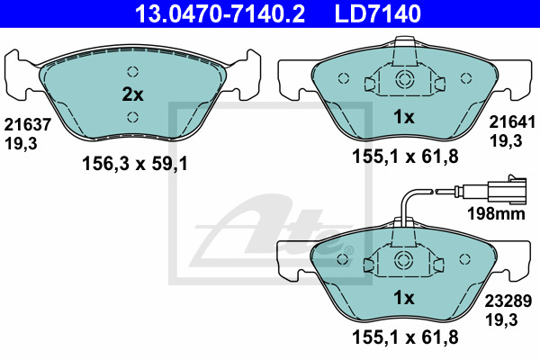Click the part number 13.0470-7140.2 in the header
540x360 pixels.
[220, 13]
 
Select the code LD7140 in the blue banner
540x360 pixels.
[377, 13]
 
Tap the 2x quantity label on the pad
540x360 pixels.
[132, 94]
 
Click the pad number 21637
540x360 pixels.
[28, 124]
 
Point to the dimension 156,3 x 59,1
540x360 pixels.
[135, 164]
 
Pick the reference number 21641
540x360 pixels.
[512, 122]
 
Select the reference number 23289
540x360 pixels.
[508, 301]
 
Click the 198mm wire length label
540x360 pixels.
[496, 213]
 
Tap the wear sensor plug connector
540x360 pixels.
[507, 189]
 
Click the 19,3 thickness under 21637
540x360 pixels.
[21, 144]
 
